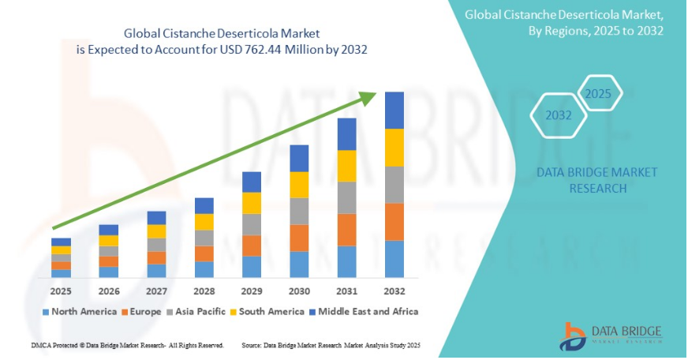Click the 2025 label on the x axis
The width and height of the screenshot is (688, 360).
[61, 291]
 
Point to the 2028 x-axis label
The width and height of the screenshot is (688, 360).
[204, 291]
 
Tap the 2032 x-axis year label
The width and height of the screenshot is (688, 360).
[394, 291]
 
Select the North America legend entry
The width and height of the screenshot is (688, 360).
[80, 312]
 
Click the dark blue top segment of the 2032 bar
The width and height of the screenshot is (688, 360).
[394, 111]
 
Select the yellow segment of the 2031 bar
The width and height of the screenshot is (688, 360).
[347, 166]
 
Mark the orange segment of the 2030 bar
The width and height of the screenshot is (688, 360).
[299, 238]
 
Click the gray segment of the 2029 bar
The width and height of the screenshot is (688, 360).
[252, 225]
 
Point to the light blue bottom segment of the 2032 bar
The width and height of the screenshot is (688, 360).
[394, 259]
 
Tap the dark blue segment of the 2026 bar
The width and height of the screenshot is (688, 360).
[109, 230]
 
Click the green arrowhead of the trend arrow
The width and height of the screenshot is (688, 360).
[368, 98]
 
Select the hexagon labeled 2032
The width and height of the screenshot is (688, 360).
[559, 115]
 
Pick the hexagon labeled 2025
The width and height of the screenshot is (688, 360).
[597, 94]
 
